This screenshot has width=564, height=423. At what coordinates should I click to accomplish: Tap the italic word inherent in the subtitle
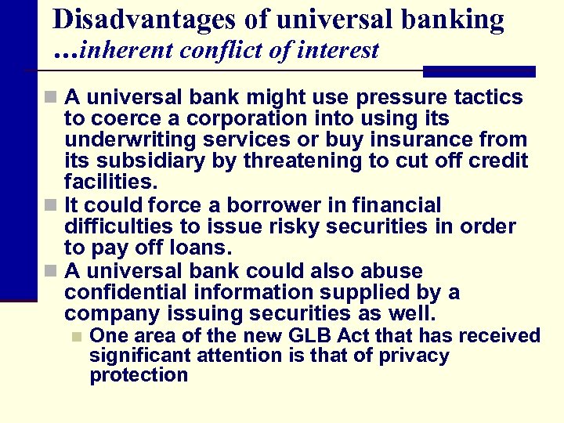[x=126, y=52]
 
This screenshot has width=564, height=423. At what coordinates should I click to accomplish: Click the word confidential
[x=128, y=292]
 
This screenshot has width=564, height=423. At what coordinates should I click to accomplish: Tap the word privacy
[x=414, y=356]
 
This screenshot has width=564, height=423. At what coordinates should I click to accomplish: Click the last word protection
[x=139, y=375]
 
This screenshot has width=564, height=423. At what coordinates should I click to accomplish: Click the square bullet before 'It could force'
[x=50, y=206]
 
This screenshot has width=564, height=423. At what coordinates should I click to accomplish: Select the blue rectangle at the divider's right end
[x=479, y=71]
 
